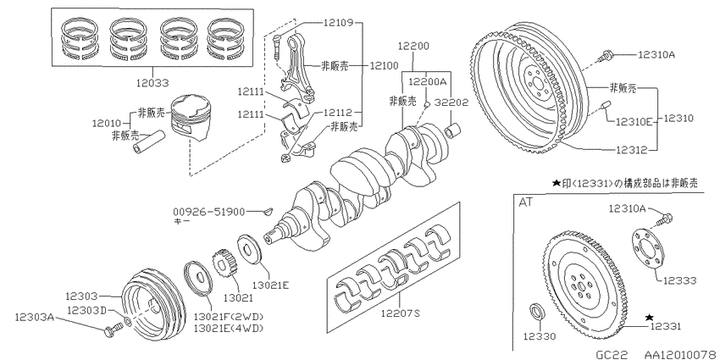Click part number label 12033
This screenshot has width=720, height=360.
point(152,83)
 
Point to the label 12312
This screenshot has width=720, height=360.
point(631,150)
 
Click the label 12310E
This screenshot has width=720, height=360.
point(634,122)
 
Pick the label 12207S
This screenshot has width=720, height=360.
point(401,314)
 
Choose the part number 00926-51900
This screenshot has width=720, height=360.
point(209,212)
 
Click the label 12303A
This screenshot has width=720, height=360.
point(34,317)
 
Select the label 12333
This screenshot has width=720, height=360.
point(679,280)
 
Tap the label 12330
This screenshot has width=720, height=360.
point(540,336)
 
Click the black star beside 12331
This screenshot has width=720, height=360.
point(650,317)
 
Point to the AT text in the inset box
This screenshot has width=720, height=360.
point(526,202)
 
